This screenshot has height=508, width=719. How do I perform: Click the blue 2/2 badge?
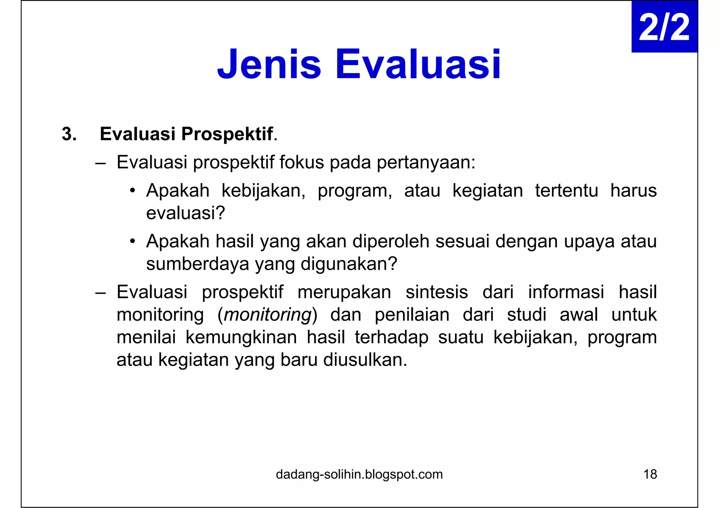664,27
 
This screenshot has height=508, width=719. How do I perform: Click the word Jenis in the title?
269,65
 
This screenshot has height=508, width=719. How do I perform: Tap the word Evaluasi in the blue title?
418,65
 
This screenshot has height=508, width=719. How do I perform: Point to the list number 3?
69,134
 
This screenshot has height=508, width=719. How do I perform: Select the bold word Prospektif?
227,134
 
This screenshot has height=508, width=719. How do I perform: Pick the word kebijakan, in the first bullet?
263,191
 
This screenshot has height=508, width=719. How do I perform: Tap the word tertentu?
566,191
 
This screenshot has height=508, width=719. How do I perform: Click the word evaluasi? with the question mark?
185,213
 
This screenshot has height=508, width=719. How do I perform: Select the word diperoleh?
391,241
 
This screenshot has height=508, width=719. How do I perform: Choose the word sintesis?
437,292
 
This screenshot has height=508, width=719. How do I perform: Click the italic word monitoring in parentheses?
268,315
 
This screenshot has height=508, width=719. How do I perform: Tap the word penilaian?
412,315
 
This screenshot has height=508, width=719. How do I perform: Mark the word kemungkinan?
241,337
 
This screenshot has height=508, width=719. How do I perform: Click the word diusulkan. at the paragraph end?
365,360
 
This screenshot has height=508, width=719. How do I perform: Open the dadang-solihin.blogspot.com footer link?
359,474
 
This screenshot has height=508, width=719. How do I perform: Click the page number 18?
650,474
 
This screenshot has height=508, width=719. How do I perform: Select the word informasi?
566,292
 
